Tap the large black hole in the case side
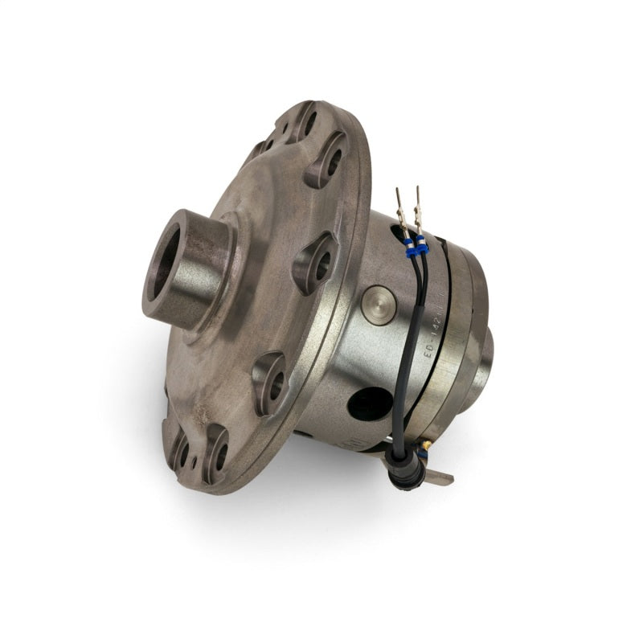tap(370, 402)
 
